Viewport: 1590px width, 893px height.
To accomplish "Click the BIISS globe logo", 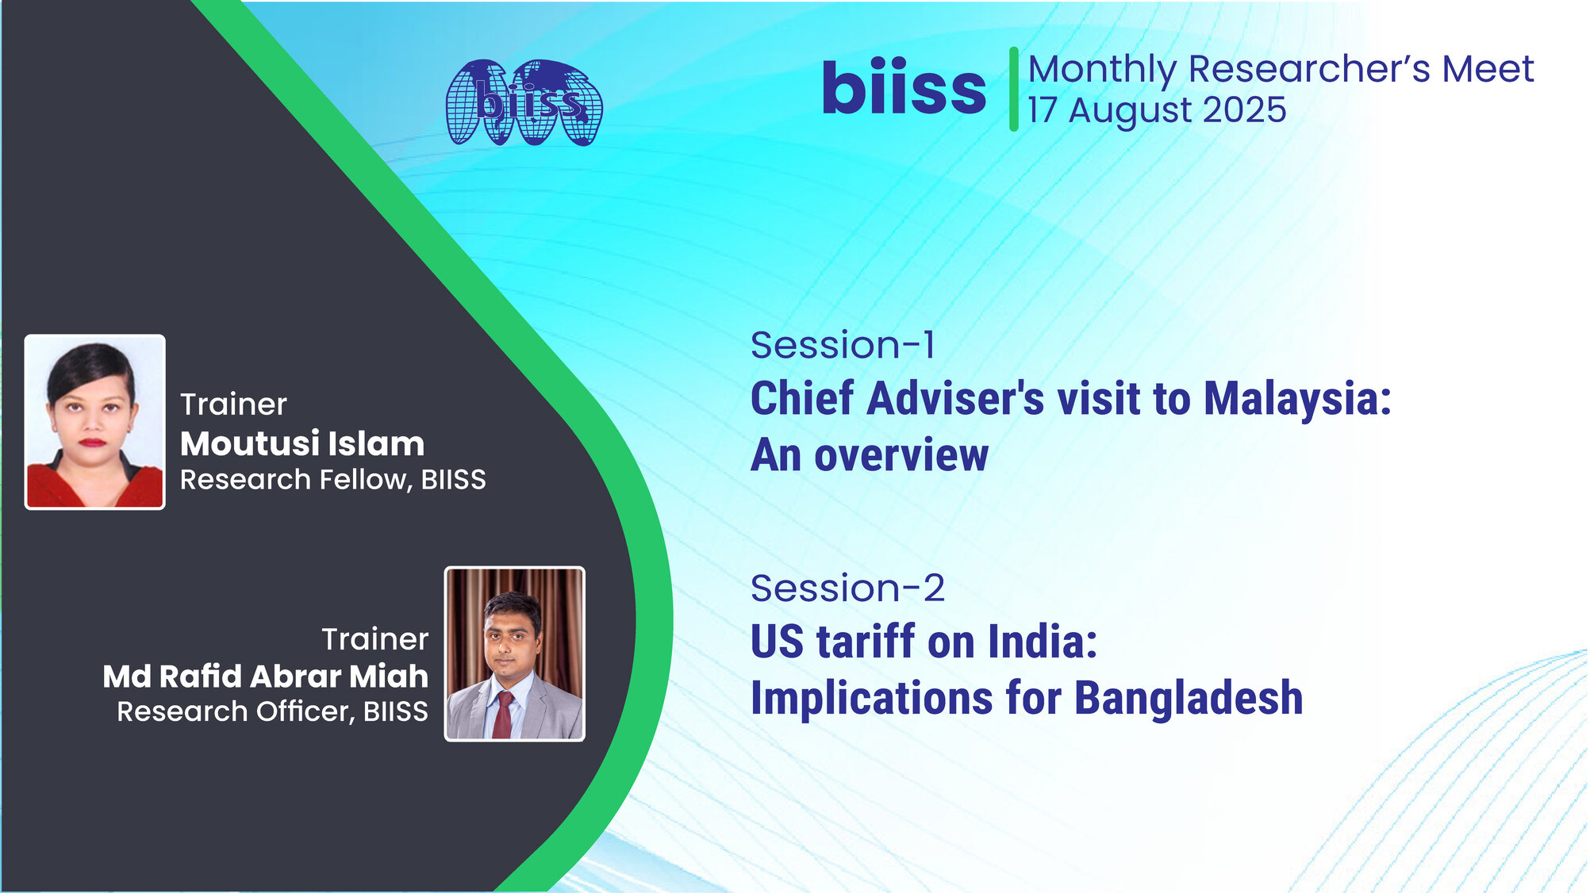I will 524,103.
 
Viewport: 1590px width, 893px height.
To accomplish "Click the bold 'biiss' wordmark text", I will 904,89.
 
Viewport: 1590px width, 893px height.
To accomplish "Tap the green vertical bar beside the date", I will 1013,89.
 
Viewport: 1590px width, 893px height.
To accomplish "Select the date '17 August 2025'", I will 1156,110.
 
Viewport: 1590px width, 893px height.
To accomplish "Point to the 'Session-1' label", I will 843,346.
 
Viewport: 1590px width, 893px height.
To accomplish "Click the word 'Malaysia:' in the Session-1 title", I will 1296,399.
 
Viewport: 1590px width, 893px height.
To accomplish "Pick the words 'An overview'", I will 870,456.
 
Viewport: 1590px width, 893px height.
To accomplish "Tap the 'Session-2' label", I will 847,589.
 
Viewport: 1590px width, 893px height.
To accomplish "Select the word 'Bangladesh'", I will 1188,699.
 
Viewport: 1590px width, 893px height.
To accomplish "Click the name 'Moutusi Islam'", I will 302,444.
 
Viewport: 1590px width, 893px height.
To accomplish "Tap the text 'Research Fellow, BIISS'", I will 332,480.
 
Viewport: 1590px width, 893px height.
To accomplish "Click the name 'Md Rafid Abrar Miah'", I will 265,676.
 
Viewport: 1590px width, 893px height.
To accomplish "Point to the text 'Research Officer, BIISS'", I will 272,712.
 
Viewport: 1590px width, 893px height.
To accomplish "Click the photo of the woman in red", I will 95,422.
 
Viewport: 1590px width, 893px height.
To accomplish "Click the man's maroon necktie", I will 503,714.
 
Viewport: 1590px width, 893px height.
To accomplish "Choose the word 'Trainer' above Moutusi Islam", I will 233,405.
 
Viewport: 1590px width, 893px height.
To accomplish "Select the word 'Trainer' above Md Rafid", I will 374,640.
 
